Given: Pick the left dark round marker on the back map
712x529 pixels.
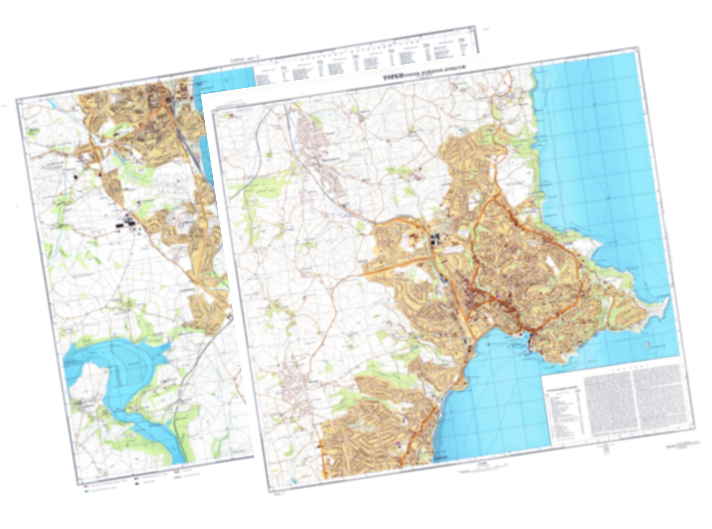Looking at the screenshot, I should pyautogui.click(x=76, y=176).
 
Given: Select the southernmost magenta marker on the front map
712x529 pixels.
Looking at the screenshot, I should pyautogui.click(x=398, y=443).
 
